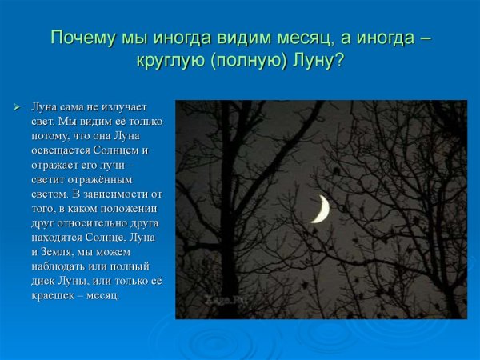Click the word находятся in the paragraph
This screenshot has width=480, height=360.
point(57,237)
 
